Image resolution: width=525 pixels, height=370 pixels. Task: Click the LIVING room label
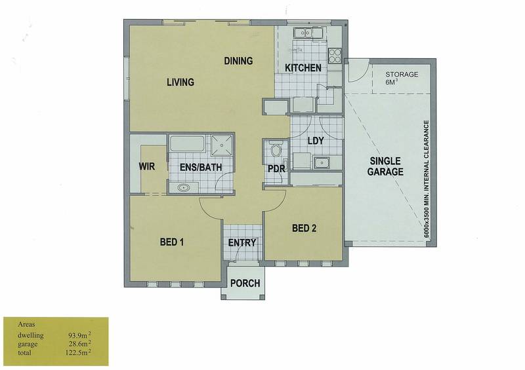click(180, 82)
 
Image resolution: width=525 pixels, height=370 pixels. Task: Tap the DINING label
click(238, 61)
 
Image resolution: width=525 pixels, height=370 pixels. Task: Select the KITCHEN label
click(303, 68)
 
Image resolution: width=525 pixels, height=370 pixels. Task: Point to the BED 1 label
click(172, 242)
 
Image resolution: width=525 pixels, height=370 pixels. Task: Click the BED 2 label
click(304, 229)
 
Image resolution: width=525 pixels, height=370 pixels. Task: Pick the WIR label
click(147, 166)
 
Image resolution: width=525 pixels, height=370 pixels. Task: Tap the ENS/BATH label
click(201, 167)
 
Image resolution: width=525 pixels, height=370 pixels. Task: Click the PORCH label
click(245, 284)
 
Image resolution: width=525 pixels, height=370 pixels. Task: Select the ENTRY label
click(242, 243)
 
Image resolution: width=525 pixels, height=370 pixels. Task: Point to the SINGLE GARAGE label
click(385, 166)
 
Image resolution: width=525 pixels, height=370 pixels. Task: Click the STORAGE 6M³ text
click(402, 77)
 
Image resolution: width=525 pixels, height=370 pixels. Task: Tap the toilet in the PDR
click(276, 149)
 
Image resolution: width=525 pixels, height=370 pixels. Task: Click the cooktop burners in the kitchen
click(335, 56)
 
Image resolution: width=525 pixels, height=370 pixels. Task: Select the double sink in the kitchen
click(308, 33)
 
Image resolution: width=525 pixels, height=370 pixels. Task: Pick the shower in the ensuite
click(221, 145)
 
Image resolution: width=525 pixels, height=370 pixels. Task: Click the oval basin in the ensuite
click(184, 187)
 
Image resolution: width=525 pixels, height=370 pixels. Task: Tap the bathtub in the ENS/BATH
click(187, 143)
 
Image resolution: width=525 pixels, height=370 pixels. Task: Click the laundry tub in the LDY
click(322, 163)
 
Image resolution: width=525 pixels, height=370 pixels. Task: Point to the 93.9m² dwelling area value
click(79, 335)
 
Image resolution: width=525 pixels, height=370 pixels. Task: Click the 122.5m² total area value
click(78, 352)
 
